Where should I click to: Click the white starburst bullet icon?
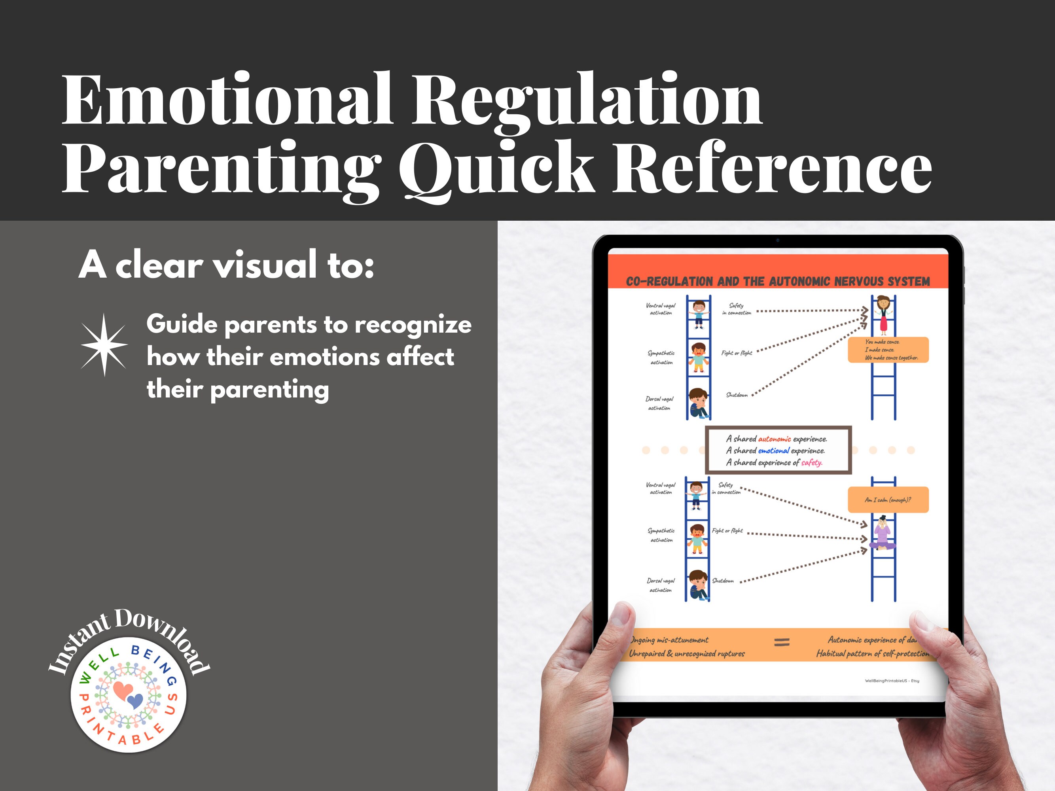(x=104, y=344)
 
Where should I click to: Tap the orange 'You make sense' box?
(x=888, y=350)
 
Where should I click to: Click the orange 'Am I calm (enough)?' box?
(x=888, y=500)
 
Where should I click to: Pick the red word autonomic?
(x=774, y=439)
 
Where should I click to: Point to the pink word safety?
(x=811, y=462)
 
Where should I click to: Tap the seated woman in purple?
(x=883, y=533)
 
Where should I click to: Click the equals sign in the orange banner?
(x=781, y=643)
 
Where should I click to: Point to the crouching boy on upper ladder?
(x=698, y=403)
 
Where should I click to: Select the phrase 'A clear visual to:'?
(x=226, y=265)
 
